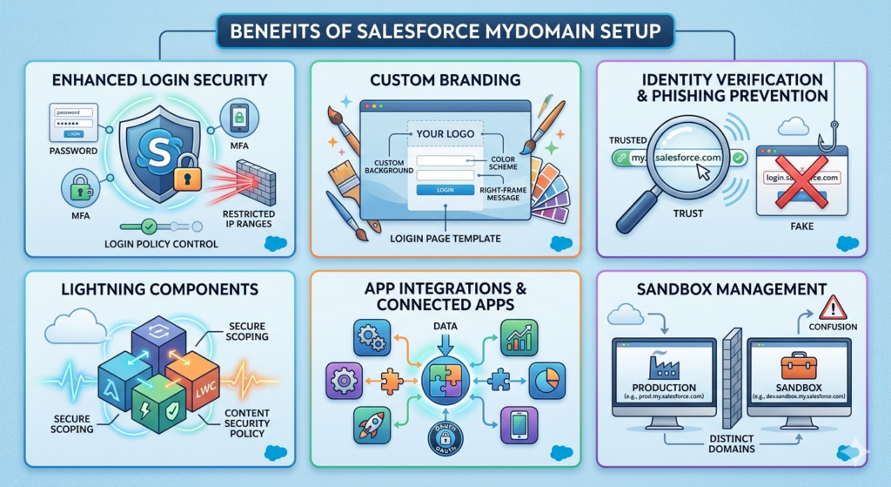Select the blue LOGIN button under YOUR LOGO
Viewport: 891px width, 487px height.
[x=445, y=189]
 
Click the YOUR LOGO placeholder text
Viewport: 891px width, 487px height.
[x=445, y=135]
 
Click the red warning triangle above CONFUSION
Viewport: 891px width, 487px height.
[x=832, y=306]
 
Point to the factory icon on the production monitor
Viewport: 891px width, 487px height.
[x=664, y=364]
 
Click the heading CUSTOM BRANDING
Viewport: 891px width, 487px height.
[x=445, y=80]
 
